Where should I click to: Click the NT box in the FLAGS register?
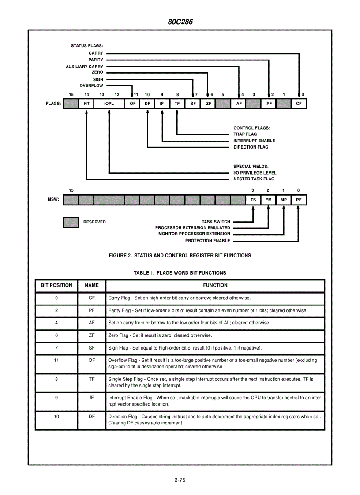[x=86, y=104]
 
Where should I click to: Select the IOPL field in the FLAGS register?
[x=109, y=104]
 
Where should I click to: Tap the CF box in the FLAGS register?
[x=299, y=104]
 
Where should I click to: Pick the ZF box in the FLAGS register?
[x=208, y=104]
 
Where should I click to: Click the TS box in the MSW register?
[x=253, y=200]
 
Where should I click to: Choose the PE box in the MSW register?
[x=299, y=200]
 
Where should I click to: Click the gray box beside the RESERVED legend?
[x=71, y=222]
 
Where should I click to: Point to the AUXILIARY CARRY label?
[x=84, y=67]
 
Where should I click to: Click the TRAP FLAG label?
[x=245, y=134]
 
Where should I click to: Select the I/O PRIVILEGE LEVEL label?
[x=255, y=173]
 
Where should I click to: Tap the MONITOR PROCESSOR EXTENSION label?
[x=194, y=234]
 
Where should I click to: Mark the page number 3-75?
[x=180, y=480]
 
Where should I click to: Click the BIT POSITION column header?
[x=56, y=285]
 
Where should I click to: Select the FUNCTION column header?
[x=215, y=285]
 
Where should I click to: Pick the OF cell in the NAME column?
[x=92, y=360]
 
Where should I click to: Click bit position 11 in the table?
[x=56, y=360]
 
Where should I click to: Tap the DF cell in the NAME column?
[x=92, y=416]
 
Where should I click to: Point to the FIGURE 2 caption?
[x=180, y=255]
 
